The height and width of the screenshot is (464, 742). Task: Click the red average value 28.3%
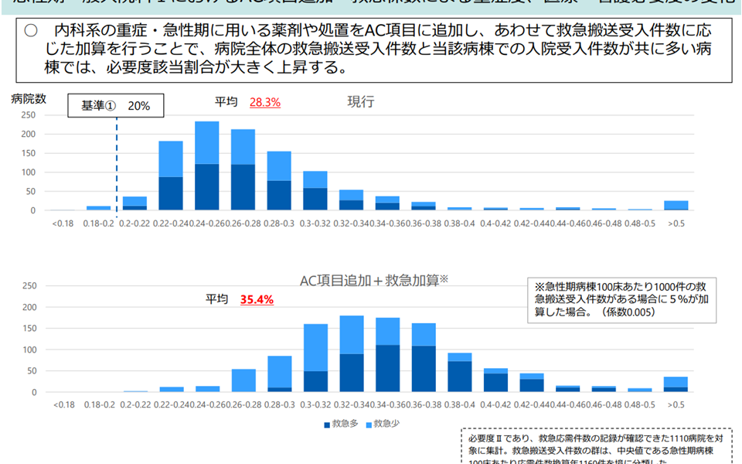tap(264, 101)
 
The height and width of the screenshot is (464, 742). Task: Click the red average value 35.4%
tap(256, 299)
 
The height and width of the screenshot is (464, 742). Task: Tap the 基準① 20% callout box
tap(116, 106)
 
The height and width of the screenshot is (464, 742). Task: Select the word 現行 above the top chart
tap(361, 101)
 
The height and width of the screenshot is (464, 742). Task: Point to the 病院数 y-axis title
tap(29, 98)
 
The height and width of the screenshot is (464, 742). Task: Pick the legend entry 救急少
tap(383, 423)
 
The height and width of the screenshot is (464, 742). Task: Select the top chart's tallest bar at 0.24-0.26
tap(206, 165)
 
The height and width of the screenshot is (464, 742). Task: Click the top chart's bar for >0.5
tap(676, 205)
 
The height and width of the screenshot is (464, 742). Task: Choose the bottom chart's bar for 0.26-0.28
tap(243, 380)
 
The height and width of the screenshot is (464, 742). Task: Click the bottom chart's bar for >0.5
tap(676, 384)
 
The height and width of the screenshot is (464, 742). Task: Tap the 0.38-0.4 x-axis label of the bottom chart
tap(459, 404)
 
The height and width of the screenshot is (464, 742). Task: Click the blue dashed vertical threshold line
tap(117, 162)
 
